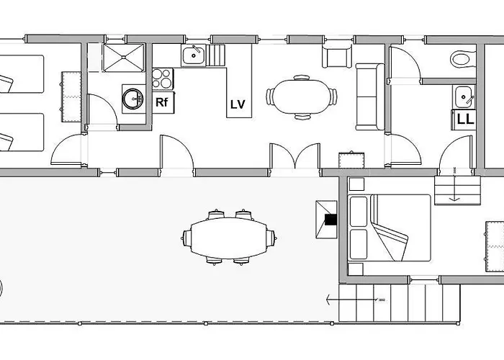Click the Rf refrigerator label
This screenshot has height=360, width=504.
point(162,102)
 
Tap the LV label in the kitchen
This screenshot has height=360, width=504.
point(238,104)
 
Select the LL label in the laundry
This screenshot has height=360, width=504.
point(464,120)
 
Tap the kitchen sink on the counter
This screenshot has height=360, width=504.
point(194,54)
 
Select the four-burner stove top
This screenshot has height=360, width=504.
point(163,77)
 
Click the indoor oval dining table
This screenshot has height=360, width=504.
point(301,96)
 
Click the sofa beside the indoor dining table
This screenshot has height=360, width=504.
point(370,96)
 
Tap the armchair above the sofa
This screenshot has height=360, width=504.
point(336,56)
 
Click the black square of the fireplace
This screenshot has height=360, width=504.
point(330,220)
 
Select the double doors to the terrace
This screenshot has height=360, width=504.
point(294,157)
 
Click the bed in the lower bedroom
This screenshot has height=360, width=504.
point(389,228)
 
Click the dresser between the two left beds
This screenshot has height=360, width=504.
point(71,96)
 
